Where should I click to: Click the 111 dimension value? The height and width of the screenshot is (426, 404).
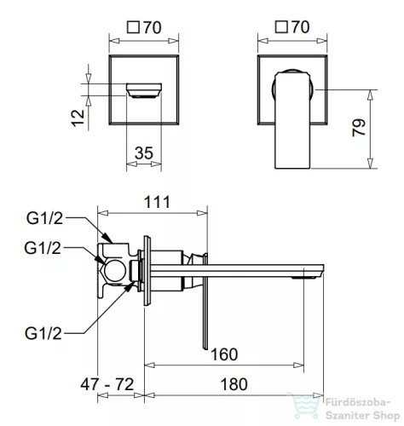[x=157, y=202]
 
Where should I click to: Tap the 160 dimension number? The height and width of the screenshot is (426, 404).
[x=224, y=354]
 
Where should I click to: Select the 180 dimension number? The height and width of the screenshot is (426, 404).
[x=234, y=384]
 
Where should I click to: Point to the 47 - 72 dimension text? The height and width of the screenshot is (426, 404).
[x=107, y=384]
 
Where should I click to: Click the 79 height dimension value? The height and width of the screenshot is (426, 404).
[x=359, y=128]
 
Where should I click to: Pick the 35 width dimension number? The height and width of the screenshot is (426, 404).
[x=144, y=153]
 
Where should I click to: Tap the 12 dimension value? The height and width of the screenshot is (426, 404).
[x=78, y=118]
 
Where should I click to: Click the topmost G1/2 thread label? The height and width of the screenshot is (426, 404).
[x=44, y=218]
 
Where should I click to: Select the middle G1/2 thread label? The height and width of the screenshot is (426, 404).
[x=43, y=248]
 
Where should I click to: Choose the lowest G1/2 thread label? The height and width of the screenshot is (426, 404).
[x=43, y=333]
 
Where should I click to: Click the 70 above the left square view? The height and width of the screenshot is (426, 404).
[x=153, y=27]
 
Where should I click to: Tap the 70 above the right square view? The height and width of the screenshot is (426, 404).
[x=301, y=27]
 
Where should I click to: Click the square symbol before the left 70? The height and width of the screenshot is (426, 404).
[x=133, y=28]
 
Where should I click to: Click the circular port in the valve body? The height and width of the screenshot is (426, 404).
[x=115, y=270]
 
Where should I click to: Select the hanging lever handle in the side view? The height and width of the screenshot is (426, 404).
[x=205, y=301]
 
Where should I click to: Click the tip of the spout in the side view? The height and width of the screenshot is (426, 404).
[x=324, y=271]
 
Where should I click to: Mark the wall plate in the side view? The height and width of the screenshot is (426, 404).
[x=147, y=271]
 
